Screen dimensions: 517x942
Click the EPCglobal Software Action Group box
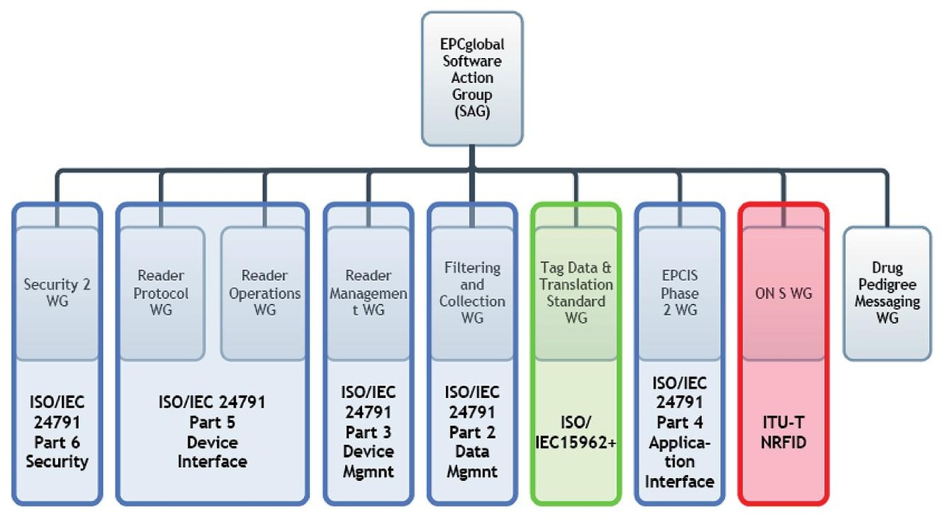click(472, 77)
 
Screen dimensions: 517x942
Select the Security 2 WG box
click(57, 293)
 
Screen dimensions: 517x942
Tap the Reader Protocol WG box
click(161, 293)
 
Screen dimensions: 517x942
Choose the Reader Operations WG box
click(264, 293)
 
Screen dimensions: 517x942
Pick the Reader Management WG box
click(368, 293)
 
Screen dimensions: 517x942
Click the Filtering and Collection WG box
click(472, 293)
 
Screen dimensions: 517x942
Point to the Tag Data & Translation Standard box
click(576, 293)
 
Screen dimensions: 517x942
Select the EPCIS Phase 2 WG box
click(679, 293)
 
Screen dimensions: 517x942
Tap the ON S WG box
click(783, 293)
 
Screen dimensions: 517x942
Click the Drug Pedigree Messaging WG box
click(888, 293)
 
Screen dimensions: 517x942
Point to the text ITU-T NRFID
click(783, 433)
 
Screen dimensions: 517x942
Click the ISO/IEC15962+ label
click(576, 433)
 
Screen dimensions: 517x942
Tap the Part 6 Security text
click(57, 452)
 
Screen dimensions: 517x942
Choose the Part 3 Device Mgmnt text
click(368, 451)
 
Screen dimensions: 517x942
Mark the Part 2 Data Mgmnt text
click(472, 451)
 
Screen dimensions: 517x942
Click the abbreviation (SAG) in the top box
click(472, 113)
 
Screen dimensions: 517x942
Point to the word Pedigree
click(888, 285)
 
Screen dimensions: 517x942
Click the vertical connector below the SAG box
click(472, 157)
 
